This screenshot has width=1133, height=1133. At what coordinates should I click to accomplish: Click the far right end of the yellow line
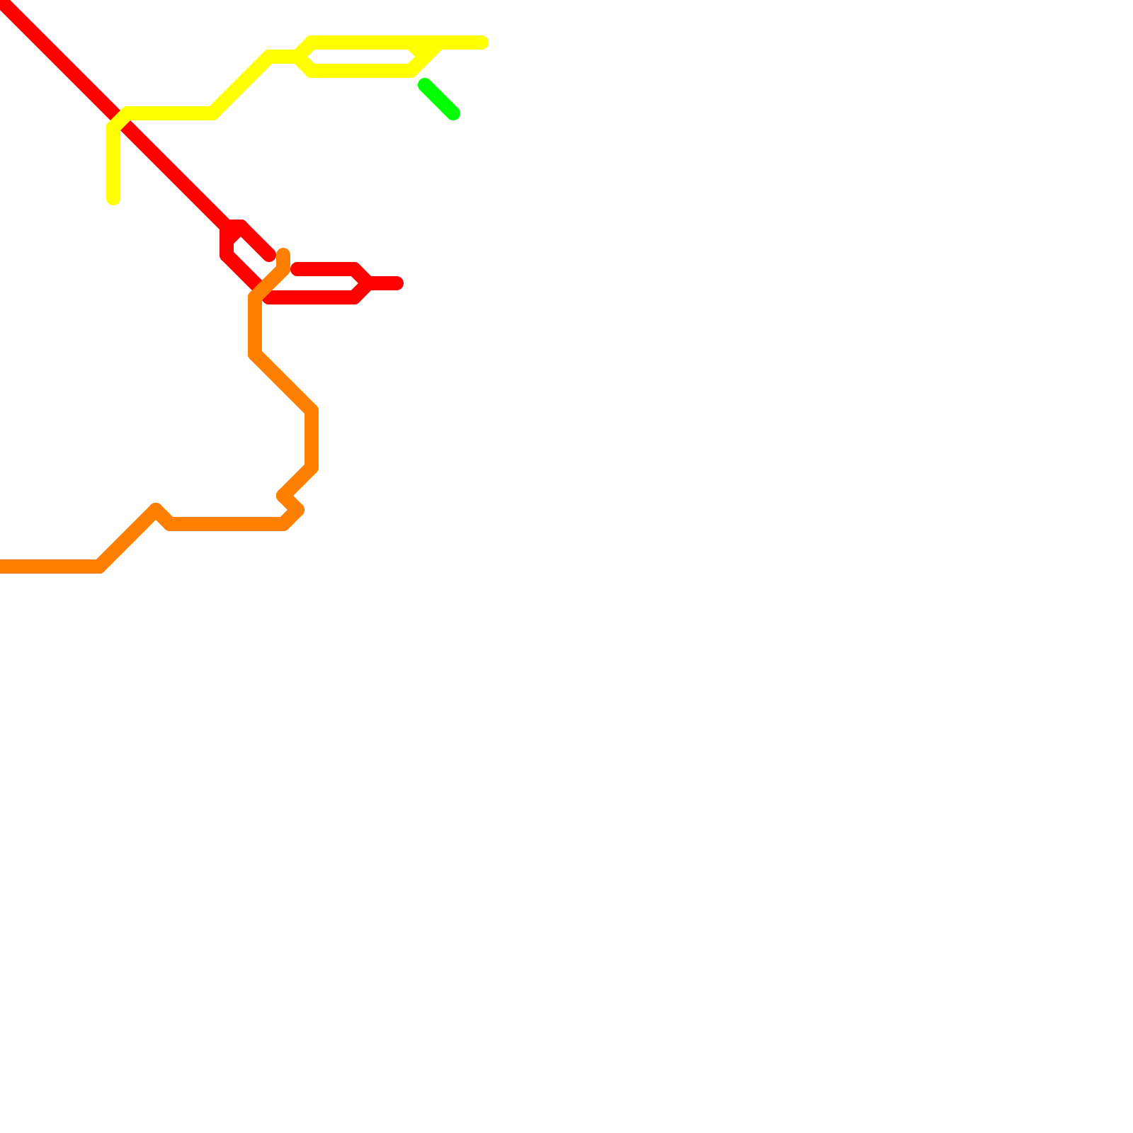click(483, 43)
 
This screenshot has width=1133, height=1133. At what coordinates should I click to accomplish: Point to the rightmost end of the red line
click(398, 283)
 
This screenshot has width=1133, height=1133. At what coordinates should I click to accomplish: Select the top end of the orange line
click(283, 254)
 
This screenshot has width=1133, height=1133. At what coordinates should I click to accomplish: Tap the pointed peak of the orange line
click(156, 509)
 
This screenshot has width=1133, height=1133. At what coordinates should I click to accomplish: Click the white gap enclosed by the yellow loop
click(361, 57)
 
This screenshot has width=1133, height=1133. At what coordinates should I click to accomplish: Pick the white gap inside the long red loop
click(319, 284)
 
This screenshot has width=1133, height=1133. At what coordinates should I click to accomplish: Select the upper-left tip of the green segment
click(424, 86)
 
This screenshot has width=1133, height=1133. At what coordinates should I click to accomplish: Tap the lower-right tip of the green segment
click(454, 114)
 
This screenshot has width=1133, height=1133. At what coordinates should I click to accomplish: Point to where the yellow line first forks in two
click(297, 57)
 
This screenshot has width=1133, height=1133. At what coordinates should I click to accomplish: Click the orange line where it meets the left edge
click(2, 566)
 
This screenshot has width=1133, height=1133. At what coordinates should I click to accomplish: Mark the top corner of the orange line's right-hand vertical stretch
click(312, 411)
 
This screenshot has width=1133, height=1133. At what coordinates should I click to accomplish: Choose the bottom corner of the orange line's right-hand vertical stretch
click(312, 467)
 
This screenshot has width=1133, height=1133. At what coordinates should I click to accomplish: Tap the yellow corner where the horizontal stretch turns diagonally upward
click(212, 113)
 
